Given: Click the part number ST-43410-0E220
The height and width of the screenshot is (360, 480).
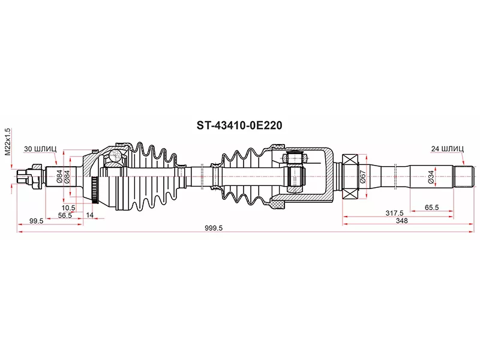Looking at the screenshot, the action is [239, 125].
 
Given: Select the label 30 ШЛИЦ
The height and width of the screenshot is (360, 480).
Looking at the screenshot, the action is [40, 149].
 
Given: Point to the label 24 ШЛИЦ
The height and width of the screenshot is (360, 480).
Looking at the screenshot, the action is [447, 149].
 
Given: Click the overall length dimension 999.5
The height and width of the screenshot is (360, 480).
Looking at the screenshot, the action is [214, 228].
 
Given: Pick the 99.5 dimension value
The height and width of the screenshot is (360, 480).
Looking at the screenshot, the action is [36, 221].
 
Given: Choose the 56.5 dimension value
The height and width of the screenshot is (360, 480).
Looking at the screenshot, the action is [65, 215].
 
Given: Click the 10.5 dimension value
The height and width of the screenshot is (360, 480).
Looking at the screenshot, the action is [68, 208].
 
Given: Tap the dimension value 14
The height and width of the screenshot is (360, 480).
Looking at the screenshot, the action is [89, 215].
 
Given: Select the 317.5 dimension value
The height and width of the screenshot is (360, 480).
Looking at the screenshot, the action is [394, 213].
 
